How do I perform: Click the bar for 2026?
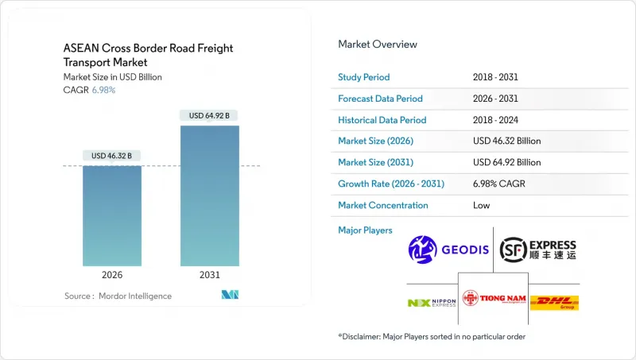tap(112, 215)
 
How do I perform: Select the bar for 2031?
tap(210, 195)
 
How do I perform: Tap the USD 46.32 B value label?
tap(112, 156)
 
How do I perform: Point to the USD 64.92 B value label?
tap(210, 116)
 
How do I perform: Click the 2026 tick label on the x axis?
tap(112, 276)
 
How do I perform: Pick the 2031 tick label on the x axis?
tap(210, 276)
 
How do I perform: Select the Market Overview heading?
tap(378, 44)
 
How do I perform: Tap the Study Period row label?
tap(365, 77)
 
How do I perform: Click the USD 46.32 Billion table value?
tap(506, 141)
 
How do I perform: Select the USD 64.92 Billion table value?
tap(506, 162)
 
